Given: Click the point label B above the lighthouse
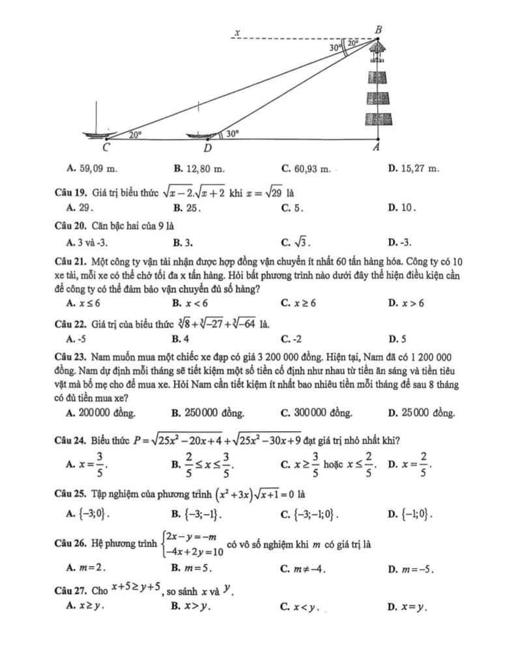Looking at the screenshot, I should tap(379, 29).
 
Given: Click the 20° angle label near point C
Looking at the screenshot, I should tap(135, 134).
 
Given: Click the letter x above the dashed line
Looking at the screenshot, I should tap(238, 32).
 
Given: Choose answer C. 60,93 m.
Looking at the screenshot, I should tap(306, 169).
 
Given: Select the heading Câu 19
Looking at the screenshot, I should tap(71, 193).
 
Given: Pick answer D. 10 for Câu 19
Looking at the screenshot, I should tap(398, 208).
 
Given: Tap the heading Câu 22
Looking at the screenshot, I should tap(71, 323).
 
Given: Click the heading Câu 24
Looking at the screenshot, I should tap(71, 440).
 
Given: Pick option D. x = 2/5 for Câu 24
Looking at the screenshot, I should tap(410, 464).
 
